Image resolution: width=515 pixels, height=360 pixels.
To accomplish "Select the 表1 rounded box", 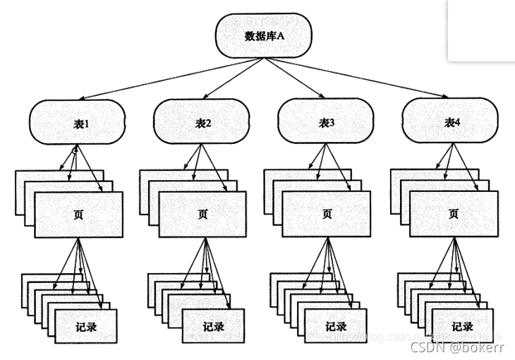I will point(78,123).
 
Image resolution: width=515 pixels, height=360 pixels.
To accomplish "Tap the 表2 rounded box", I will point(203,123).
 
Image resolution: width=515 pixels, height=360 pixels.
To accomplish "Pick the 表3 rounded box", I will point(327,123).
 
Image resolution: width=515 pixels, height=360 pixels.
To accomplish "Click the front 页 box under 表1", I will point(78,215).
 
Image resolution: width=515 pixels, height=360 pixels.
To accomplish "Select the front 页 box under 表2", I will point(203,215).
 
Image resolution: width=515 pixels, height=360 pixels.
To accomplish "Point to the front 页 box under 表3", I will point(327,215).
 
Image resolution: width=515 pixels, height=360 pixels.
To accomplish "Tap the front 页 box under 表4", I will point(452,215).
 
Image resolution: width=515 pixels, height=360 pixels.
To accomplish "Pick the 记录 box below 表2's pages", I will point(212,327).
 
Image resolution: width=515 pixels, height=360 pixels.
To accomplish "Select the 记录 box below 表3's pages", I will point(336,327).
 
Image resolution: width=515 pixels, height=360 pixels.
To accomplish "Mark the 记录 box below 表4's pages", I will point(462,327).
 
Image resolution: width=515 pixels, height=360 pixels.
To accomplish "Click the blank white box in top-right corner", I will point(481,30).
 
